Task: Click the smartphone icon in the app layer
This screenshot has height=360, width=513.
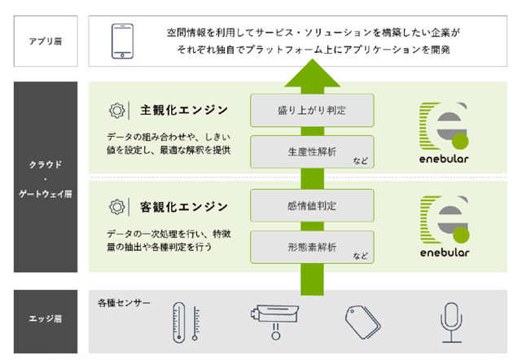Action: [122, 42]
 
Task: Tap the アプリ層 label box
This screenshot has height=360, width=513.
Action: [46, 41]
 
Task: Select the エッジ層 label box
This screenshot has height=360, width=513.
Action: [46, 322]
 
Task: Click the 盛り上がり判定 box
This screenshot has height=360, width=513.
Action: [312, 110]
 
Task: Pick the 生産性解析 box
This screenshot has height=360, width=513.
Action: [312, 151]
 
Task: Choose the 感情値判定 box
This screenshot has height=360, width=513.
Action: [312, 205]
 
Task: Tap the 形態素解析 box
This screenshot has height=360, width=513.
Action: [312, 247]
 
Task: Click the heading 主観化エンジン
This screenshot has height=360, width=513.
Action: [184, 110]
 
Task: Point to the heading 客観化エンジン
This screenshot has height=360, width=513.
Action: [184, 207]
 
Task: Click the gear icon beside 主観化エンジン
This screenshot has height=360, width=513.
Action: [116, 111]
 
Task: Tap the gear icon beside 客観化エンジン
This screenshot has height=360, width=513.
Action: [116, 207]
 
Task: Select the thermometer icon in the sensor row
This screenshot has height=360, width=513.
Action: [186, 323]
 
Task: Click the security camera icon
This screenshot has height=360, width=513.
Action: [275, 322]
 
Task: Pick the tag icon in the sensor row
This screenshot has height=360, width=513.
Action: [363, 323]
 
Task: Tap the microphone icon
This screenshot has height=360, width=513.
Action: [451, 323]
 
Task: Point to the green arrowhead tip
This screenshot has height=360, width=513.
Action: [313, 59]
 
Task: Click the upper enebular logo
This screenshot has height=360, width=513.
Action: [444, 133]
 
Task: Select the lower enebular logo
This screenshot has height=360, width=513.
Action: [445, 226]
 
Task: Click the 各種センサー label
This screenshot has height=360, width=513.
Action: [124, 303]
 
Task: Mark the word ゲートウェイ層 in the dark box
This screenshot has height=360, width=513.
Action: [46, 194]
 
